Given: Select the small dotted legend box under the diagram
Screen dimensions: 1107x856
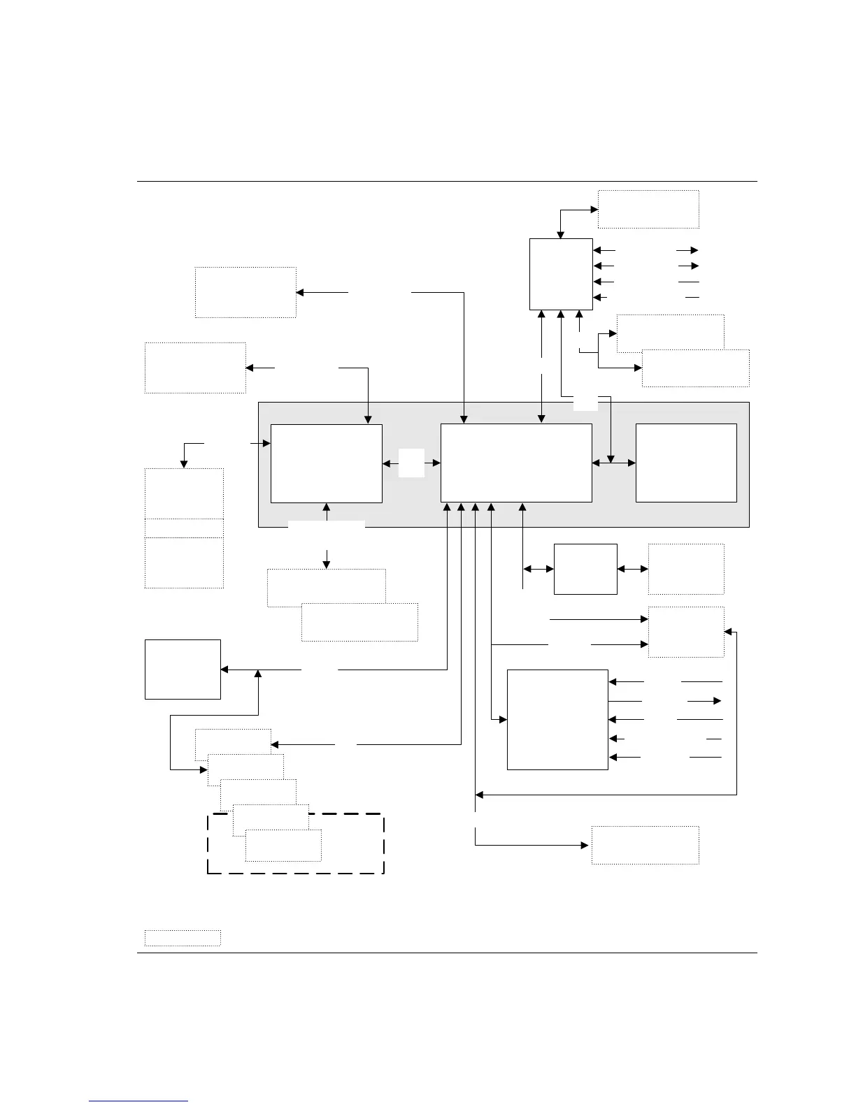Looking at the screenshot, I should coord(183,938).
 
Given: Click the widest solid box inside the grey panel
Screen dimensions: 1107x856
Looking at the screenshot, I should coord(516,463).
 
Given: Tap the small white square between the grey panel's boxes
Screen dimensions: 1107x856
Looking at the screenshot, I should coord(411,463).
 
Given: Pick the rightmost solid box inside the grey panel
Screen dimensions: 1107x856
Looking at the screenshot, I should coord(686,463).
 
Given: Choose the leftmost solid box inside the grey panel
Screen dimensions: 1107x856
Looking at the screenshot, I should coord(326,463).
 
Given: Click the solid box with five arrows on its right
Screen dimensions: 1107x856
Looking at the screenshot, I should coord(557,719).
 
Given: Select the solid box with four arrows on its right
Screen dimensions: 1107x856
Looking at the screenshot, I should coord(561,274).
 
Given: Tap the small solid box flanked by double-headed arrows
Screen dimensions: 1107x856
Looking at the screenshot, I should coord(585,569).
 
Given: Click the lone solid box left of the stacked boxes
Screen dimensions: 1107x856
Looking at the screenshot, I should coord(183,669).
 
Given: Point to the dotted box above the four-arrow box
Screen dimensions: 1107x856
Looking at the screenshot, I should coord(648,209).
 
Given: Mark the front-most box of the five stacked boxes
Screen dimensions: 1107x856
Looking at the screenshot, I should coord(283,846).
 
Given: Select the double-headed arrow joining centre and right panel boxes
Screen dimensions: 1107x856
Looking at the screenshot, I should coord(614,463).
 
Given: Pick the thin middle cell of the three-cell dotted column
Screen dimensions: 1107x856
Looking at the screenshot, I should coord(184,528).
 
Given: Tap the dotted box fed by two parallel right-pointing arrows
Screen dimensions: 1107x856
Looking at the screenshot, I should coord(685,632).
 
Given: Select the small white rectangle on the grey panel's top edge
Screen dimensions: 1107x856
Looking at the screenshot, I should coord(585,403).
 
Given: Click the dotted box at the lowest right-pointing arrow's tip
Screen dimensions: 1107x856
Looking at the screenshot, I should coord(645,845).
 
